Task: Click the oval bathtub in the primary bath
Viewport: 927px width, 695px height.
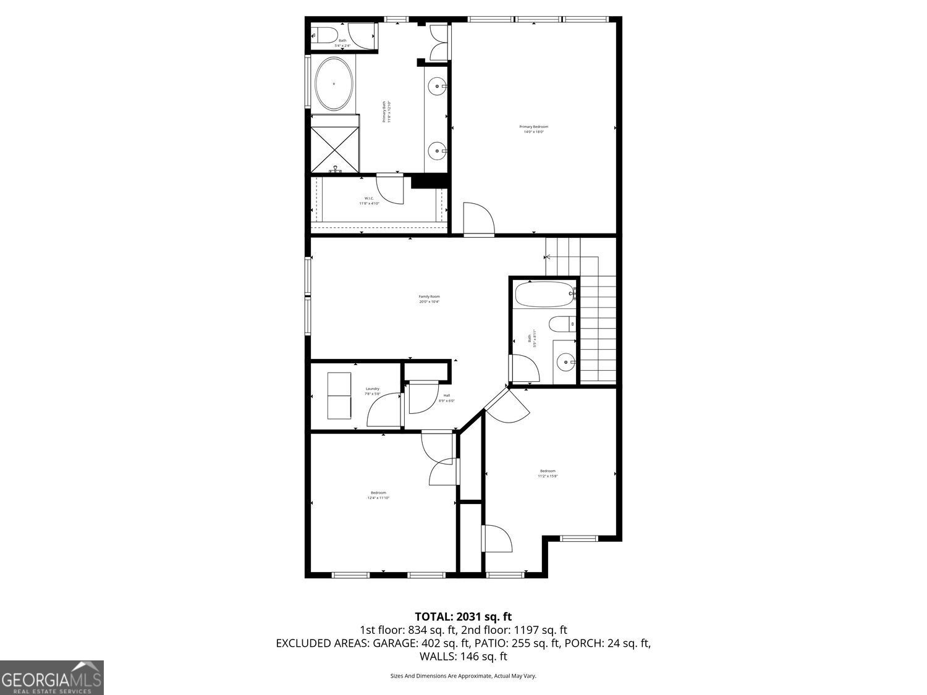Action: pos(334,84)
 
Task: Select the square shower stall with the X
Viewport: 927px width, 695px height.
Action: pos(334,150)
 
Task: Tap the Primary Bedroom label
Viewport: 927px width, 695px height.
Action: pos(533,129)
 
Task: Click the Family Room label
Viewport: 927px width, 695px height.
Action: pos(429,299)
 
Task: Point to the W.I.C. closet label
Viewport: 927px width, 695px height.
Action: pos(369,200)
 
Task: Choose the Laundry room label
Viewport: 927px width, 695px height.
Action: pos(372,391)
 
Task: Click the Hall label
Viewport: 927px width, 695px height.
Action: pos(446,398)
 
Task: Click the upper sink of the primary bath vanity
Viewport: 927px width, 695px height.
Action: pos(438,86)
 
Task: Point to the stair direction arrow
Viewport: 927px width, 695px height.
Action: pos(548,256)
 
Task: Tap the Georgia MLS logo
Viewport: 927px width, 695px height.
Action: pos(52,678)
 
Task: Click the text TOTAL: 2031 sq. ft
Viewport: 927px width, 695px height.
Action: pos(463,616)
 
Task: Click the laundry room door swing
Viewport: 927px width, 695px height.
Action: pos(384,411)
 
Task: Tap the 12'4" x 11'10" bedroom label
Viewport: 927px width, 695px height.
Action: pos(378,495)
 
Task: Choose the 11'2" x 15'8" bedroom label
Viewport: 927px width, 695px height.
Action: pos(547,473)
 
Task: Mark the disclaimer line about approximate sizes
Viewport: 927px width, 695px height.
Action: pos(463,676)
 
